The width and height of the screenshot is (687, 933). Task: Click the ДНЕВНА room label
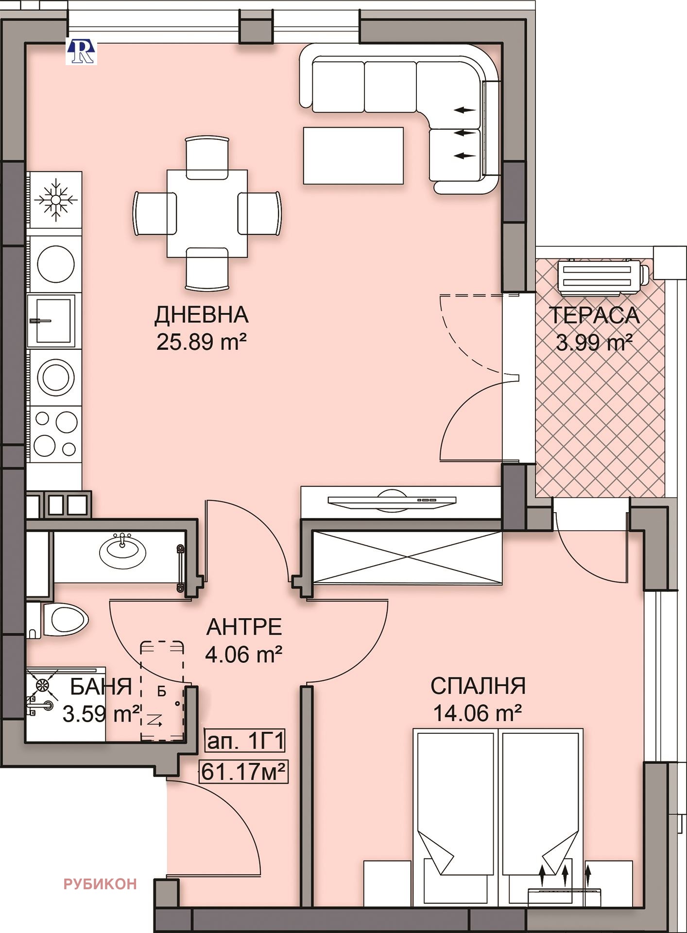(201, 315)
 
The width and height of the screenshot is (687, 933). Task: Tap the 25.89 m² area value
(201, 342)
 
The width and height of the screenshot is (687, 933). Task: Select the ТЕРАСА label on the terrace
(594, 315)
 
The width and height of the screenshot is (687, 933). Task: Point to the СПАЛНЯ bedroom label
(478, 686)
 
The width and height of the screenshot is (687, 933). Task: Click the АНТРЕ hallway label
(244, 627)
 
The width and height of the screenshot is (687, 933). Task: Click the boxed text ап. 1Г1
(245, 742)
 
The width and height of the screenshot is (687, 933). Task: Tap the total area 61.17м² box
(243, 771)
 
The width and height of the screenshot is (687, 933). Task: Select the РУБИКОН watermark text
(100, 884)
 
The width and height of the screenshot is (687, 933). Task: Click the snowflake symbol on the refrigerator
(55, 199)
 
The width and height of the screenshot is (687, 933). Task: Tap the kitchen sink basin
(52, 321)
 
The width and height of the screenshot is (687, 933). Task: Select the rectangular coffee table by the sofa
(353, 155)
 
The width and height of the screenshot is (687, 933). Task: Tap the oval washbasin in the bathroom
(122, 551)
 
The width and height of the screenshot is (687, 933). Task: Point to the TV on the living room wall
(392, 501)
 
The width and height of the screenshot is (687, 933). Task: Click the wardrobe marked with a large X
(407, 556)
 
